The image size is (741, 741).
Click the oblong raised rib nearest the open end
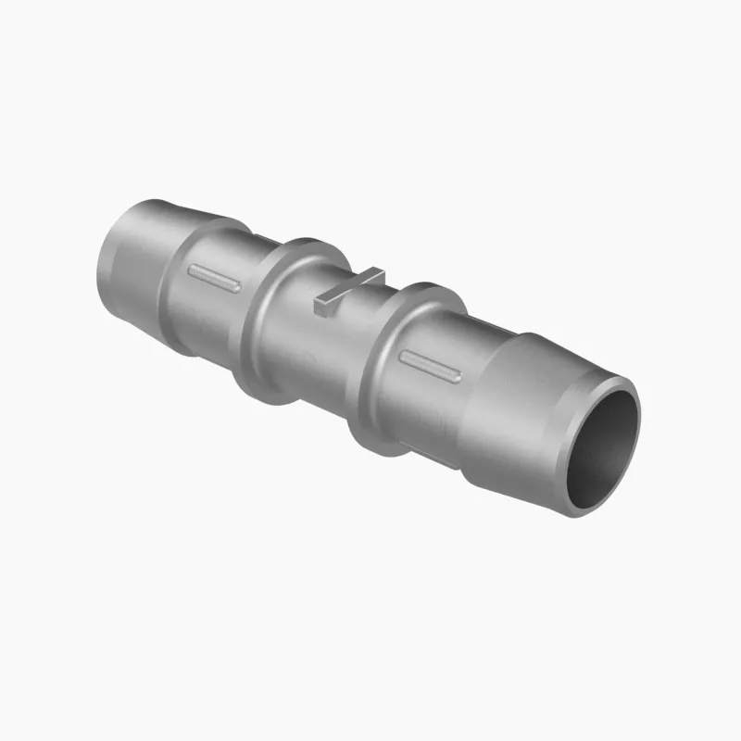tap(429, 365)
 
